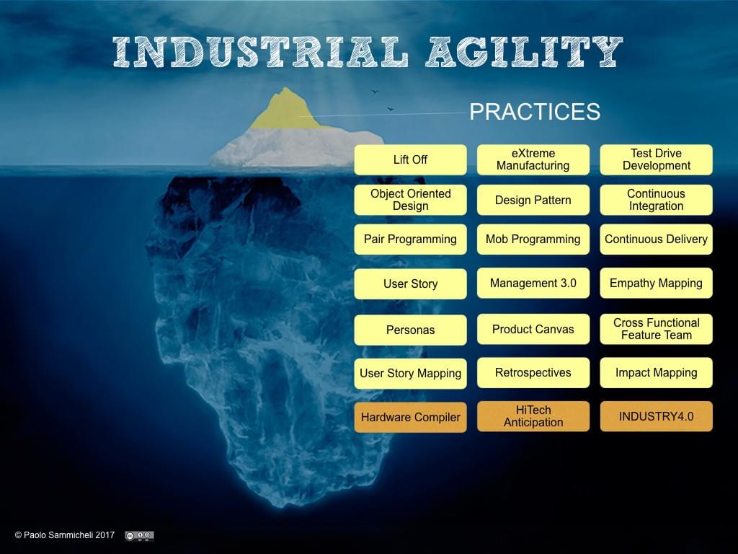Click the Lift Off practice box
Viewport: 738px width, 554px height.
point(410,159)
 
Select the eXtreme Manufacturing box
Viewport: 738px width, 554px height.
point(533,159)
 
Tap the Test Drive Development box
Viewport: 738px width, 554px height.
point(656,159)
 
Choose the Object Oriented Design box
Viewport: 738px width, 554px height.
point(410,200)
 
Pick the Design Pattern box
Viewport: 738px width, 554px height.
point(533,200)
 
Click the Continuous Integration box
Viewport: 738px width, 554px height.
point(656,200)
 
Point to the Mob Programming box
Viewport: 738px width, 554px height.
point(533,239)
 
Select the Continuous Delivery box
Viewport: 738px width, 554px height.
point(656,239)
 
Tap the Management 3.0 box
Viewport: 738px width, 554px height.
point(533,283)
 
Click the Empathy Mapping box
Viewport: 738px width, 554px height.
point(656,283)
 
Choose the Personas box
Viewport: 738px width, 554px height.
point(410,330)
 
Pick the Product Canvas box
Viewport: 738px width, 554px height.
point(533,329)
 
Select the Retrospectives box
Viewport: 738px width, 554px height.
point(533,373)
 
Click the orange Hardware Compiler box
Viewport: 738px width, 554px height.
point(410,417)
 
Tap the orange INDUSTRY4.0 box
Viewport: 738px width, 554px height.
point(656,416)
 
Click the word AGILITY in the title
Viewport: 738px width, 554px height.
point(525,51)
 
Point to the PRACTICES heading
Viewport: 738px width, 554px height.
point(535,112)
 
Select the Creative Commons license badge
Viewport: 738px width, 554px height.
point(139,536)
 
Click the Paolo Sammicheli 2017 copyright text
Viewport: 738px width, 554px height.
point(65,535)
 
